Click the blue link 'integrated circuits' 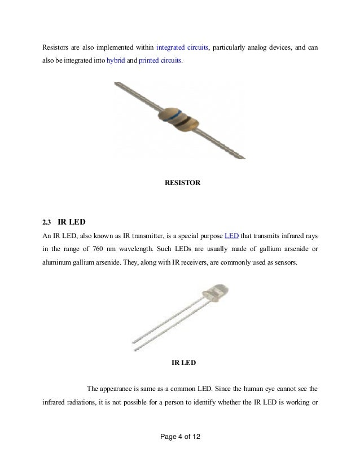[x=182, y=48]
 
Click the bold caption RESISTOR [x=182, y=182]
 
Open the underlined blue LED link [x=231, y=235]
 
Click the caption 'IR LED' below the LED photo [x=183, y=363]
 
